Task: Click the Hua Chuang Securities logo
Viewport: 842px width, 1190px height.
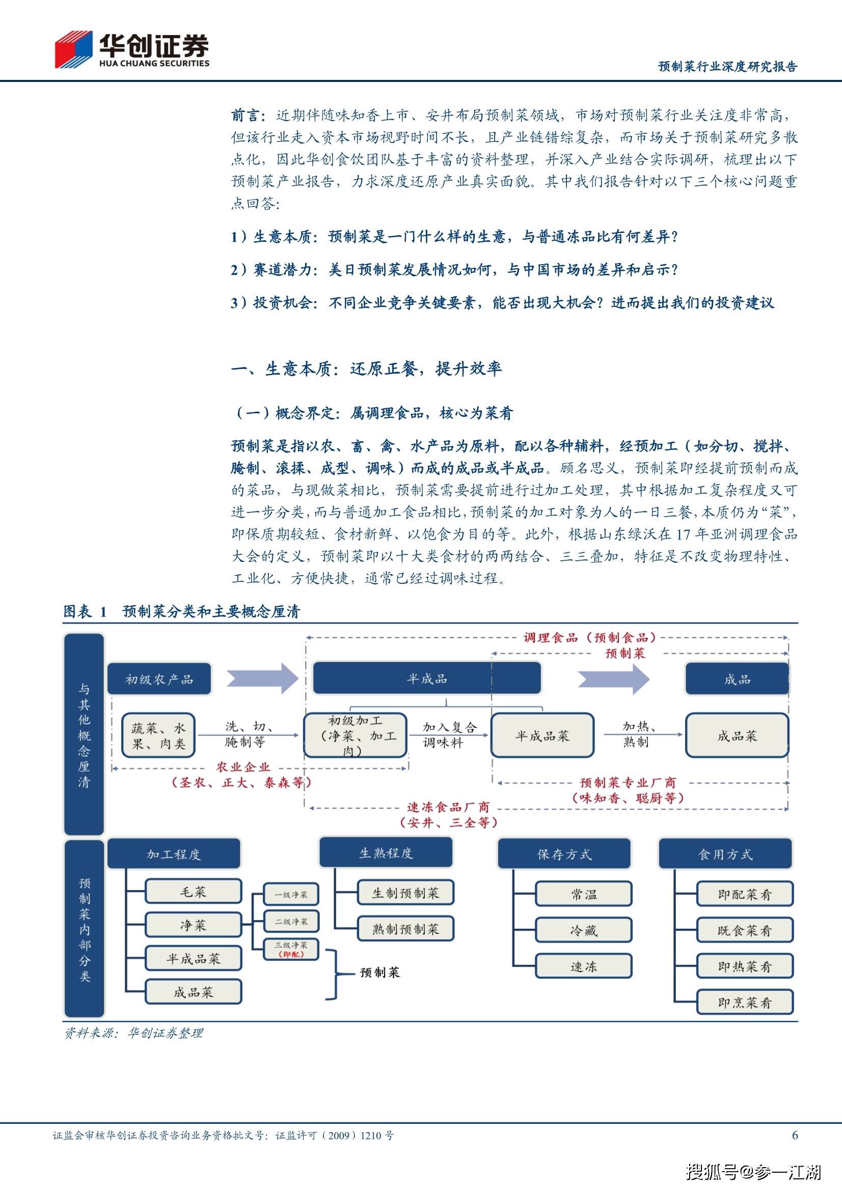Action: tap(132, 50)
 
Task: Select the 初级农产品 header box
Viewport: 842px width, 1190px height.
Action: tap(159, 679)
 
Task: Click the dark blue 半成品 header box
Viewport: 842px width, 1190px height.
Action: tap(426, 678)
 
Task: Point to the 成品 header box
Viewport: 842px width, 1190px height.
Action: tap(737, 679)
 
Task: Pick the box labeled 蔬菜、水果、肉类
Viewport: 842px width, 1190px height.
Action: tap(159, 735)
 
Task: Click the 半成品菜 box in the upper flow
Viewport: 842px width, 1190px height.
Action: tap(542, 735)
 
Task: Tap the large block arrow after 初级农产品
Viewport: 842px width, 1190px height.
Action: tap(262, 678)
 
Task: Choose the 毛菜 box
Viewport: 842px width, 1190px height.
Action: tap(193, 891)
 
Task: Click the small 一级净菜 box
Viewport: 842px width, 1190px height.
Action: tap(290, 894)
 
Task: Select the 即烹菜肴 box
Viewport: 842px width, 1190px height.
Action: tap(745, 1002)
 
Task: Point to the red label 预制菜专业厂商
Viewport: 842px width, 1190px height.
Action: tap(628, 782)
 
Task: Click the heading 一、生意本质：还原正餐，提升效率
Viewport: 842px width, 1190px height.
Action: tap(366, 369)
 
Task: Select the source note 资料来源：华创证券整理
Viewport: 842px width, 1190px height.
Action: tap(133, 1033)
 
